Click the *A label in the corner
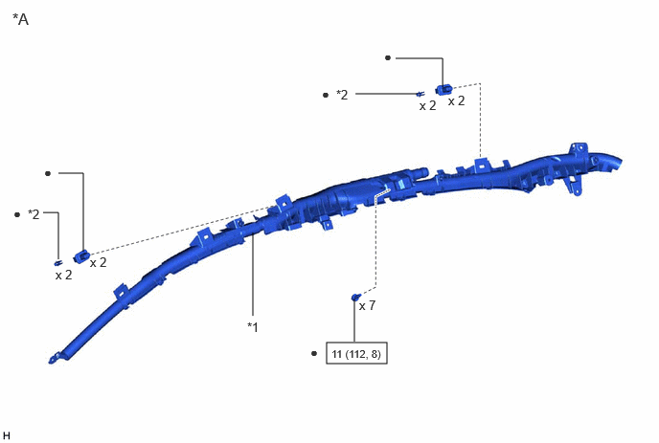tap(21, 19)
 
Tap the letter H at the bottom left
tap(6, 435)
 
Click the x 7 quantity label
tap(367, 305)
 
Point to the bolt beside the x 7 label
tap(355, 298)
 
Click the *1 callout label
tap(253, 326)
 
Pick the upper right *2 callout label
tap(342, 95)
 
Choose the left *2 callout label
tap(34, 214)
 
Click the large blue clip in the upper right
tap(443, 89)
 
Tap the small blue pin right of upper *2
tap(420, 94)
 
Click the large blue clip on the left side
tap(81, 256)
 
